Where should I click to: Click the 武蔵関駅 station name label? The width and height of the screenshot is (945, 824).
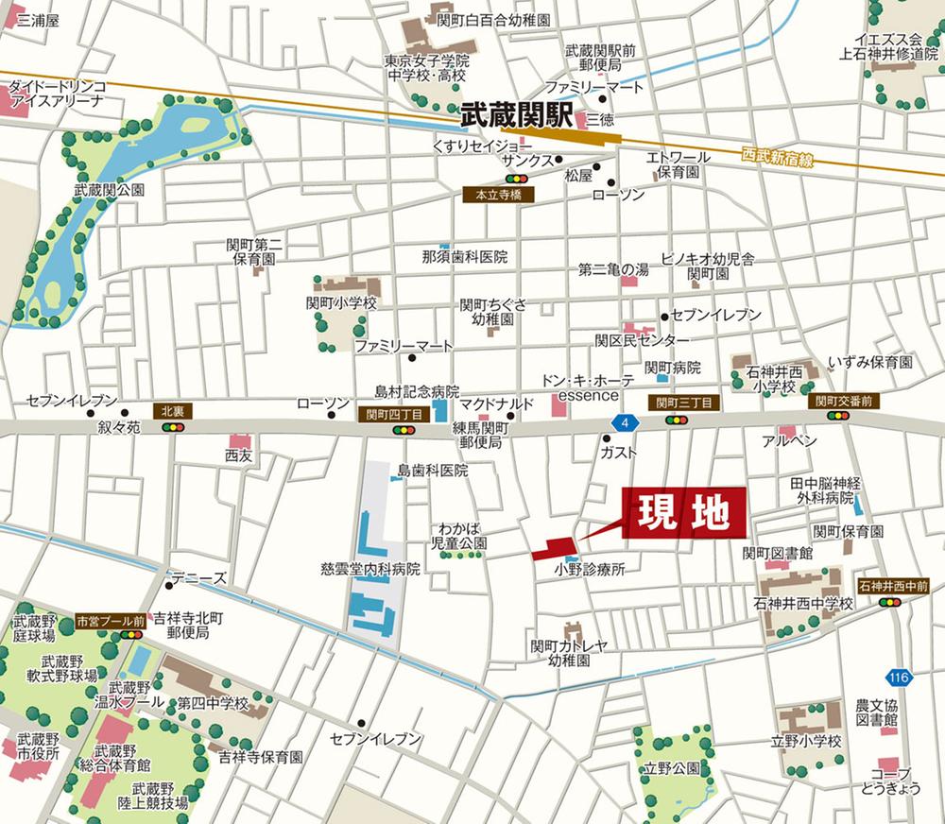point(517,116)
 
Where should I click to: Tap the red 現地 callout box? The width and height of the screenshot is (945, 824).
point(684,514)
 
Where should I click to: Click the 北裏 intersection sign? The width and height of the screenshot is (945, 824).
point(172,411)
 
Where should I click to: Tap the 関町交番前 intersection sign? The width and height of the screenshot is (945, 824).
point(843,402)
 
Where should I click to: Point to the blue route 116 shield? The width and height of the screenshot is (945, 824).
point(900,677)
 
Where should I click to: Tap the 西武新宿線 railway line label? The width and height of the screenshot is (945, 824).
point(778,157)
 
